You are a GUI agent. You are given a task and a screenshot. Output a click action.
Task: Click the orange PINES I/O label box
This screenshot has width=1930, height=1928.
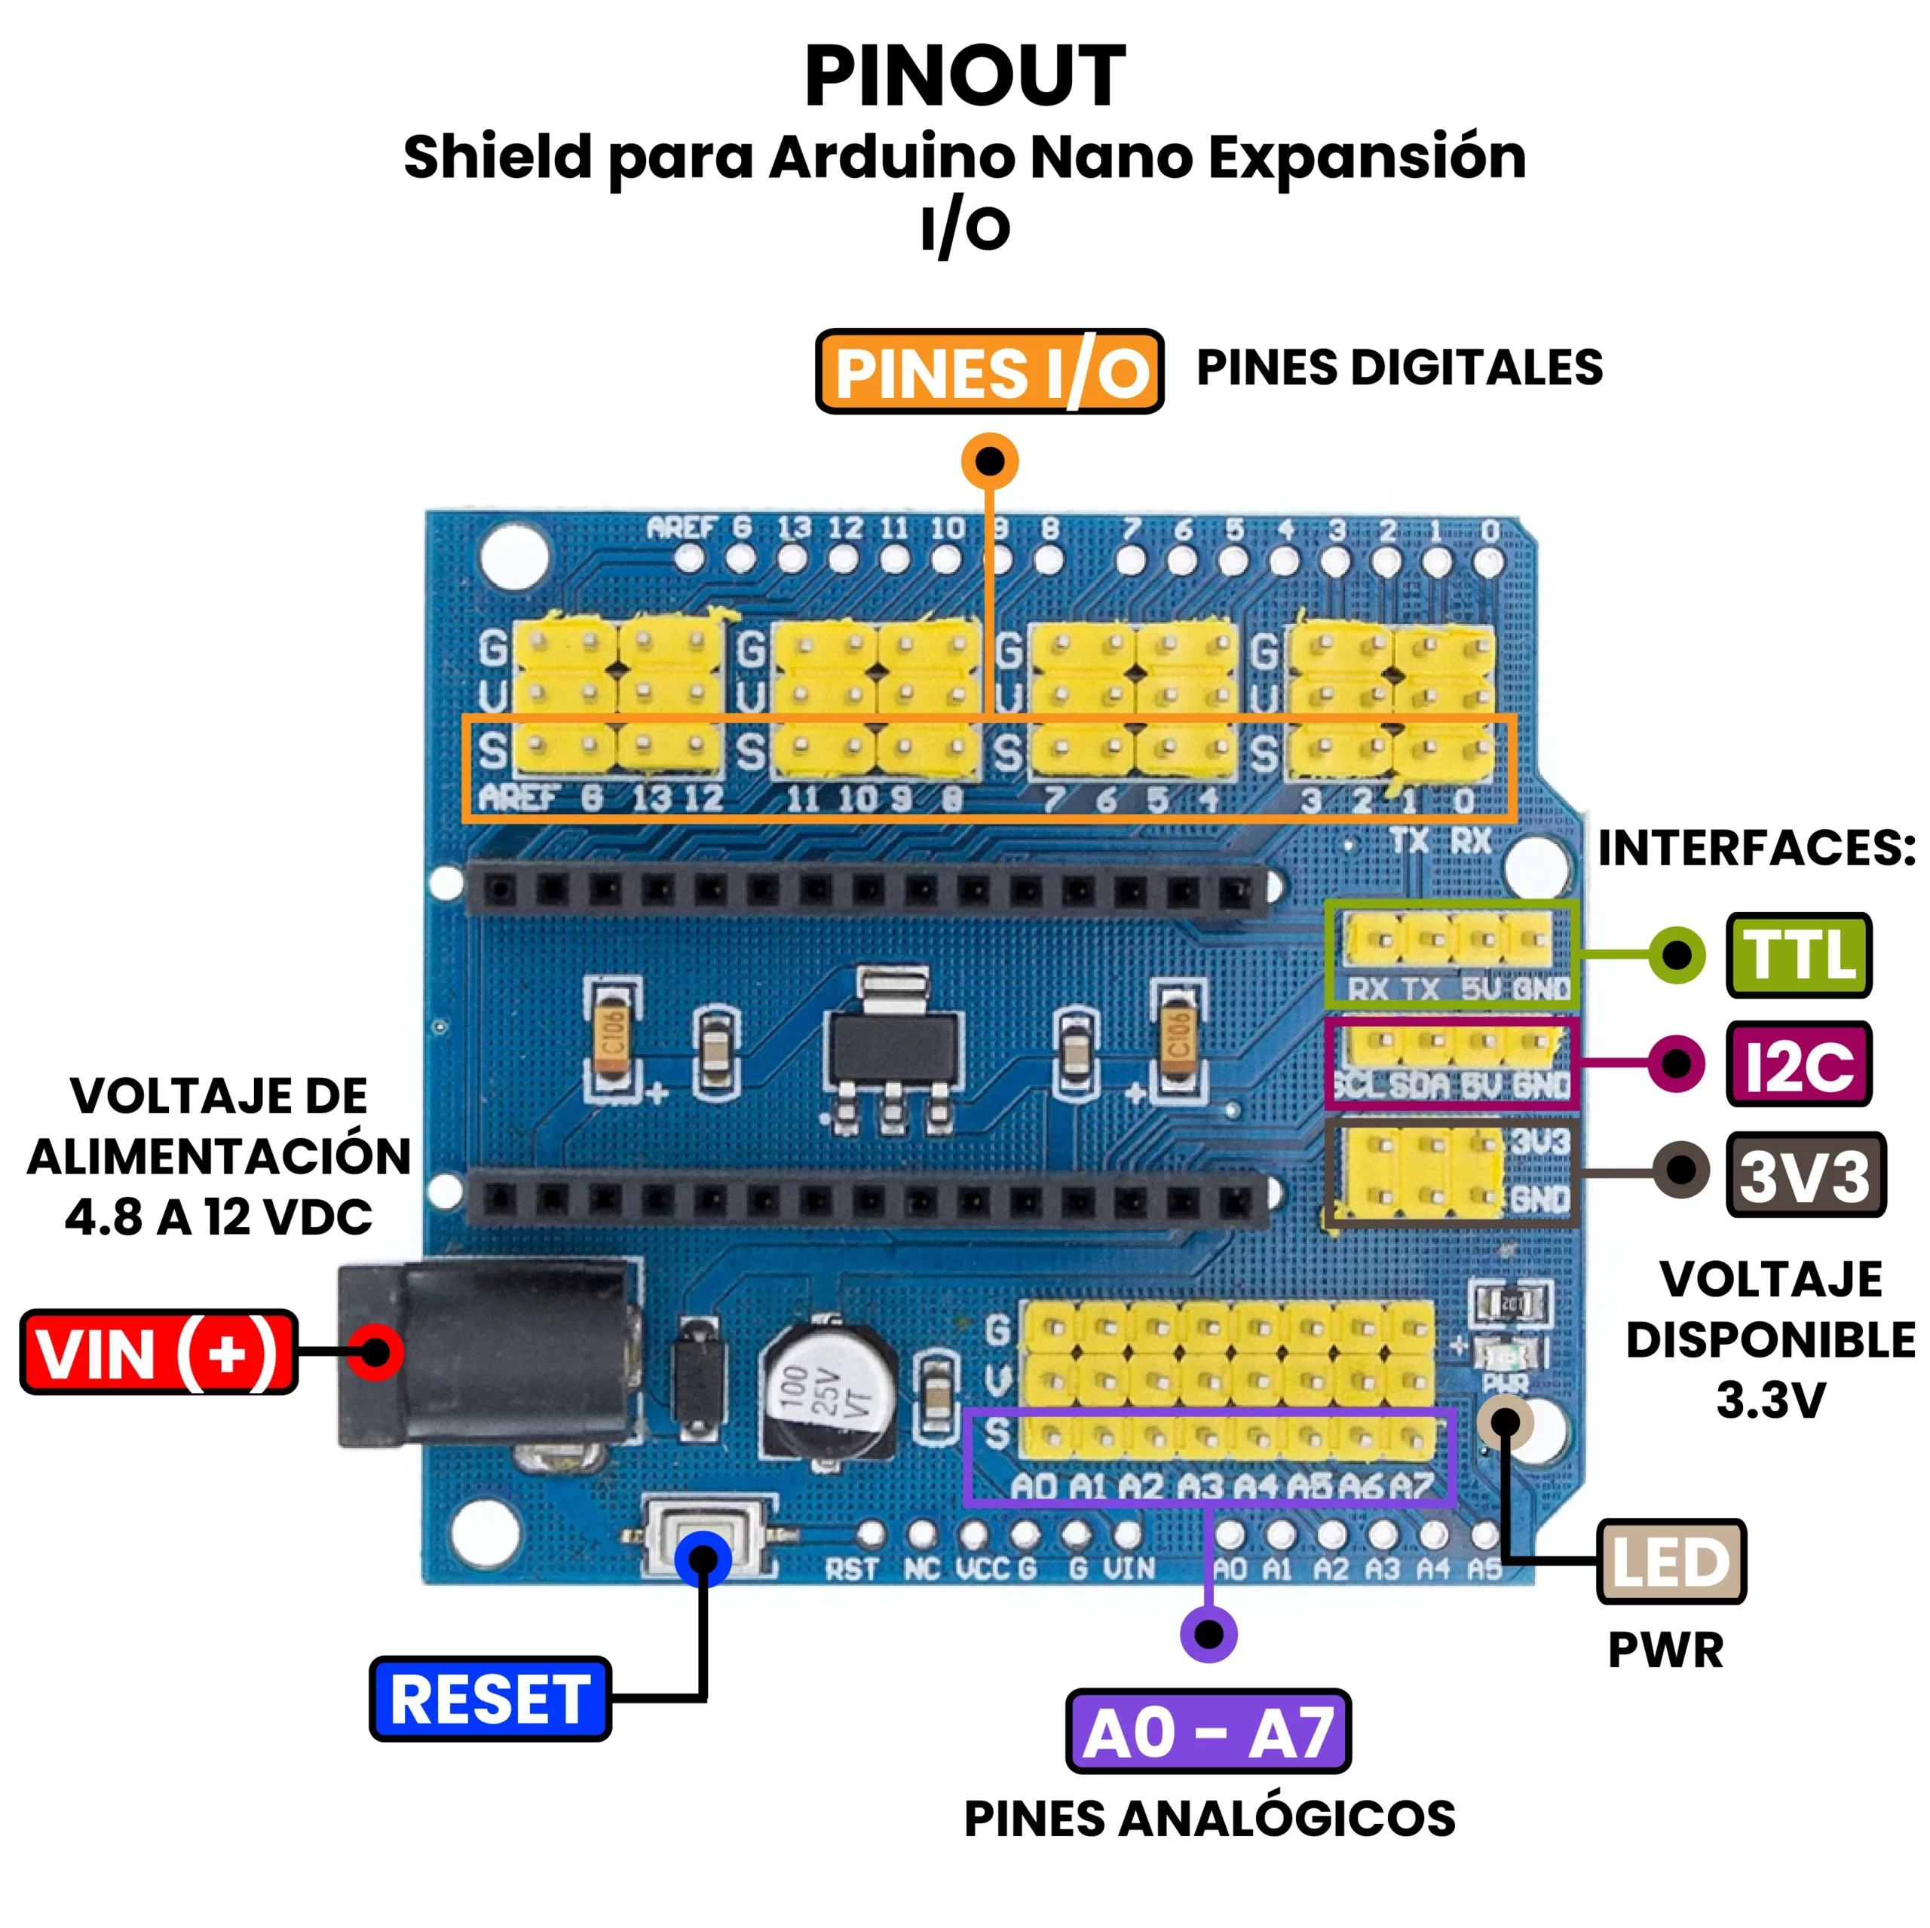point(989,372)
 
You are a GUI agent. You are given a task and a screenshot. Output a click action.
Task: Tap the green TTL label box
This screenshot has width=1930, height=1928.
point(1798,955)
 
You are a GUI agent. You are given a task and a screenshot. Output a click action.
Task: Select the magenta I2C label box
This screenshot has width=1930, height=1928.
point(1798,1064)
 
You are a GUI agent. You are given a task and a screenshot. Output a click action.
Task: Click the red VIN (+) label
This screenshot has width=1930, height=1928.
point(158,1353)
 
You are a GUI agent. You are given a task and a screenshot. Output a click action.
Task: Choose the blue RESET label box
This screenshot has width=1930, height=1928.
point(489,1699)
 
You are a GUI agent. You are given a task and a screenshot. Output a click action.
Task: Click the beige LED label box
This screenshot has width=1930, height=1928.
point(1671,1562)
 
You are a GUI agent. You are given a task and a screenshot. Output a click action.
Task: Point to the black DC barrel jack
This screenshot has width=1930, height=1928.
point(489,1354)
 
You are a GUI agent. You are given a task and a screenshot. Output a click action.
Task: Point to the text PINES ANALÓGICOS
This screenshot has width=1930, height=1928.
point(1209,1818)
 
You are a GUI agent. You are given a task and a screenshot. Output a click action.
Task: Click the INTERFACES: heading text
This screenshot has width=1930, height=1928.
point(1756,848)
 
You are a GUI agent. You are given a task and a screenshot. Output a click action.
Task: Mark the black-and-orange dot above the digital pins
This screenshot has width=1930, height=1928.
point(989,461)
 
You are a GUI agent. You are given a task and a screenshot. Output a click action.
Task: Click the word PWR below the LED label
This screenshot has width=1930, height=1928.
point(1665,1651)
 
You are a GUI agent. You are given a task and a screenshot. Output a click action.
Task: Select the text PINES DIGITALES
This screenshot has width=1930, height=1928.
point(1399,368)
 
